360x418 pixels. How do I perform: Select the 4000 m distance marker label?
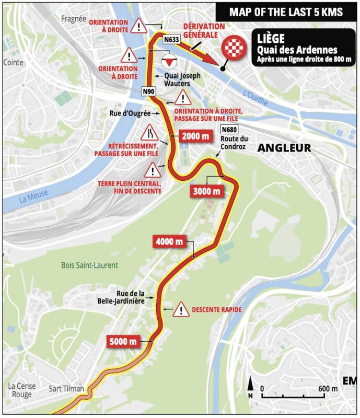pos(169,241)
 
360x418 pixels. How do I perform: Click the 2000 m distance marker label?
pos(196,136)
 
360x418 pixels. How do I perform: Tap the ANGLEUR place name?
pos(284,148)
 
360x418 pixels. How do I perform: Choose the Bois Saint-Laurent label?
pos(89,265)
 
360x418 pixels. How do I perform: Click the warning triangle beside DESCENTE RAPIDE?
pos(181,309)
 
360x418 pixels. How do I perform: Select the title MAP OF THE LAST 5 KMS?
pos(286,11)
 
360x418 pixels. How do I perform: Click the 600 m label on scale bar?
pos(327,388)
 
